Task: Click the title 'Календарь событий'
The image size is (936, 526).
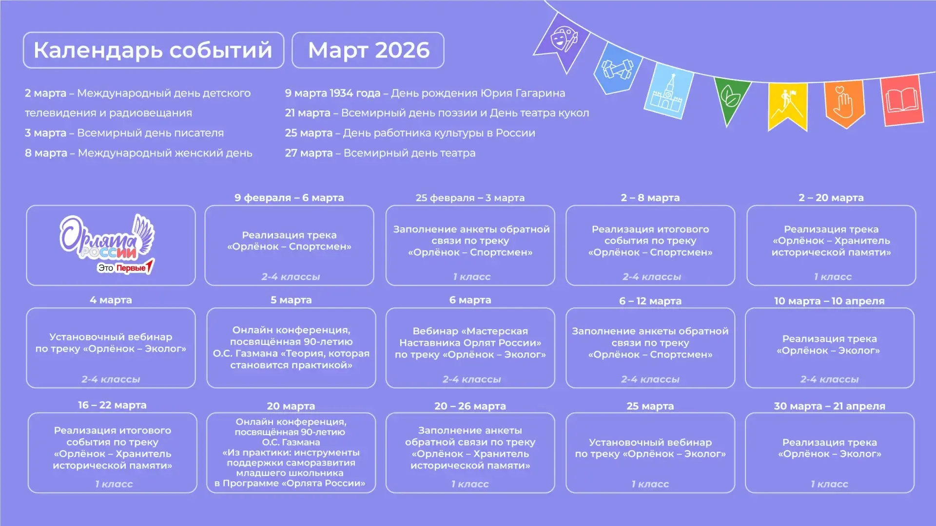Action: [153, 50]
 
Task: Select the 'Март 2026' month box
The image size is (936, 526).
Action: [368, 50]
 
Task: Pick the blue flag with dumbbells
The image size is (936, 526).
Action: [617, 68]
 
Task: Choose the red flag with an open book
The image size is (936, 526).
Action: [902, 100]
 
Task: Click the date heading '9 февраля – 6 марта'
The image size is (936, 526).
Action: [289, 198]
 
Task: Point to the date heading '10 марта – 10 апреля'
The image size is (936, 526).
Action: [829, 301]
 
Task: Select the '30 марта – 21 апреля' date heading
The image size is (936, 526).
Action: [829, 406]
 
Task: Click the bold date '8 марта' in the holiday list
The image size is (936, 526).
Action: [46, 153]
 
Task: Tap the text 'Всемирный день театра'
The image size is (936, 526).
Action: [409, 153]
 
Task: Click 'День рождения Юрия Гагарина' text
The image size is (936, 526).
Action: [478, 93]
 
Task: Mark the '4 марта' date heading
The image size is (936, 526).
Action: [111, 300]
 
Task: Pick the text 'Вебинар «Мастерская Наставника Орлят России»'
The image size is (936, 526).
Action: [470, 337]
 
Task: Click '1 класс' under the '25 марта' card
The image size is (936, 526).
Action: [650, 484]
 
